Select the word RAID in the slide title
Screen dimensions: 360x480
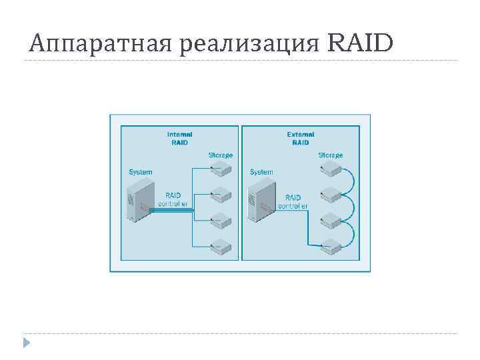(x=361, y=43)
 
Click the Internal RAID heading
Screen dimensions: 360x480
(x=179, y=137)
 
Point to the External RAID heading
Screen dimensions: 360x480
(x=300, y=137)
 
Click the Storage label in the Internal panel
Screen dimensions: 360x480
(x=221, y=155)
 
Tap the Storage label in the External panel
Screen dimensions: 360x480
(x=330, y=155)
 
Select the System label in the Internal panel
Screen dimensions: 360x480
(x=140, y=172)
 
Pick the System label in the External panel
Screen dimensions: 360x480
(x=261, y=172)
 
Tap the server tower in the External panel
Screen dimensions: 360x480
(x=259, y=201)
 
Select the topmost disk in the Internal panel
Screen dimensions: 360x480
(x=221, y=170)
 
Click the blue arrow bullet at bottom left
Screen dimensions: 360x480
(x=26, y=343)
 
